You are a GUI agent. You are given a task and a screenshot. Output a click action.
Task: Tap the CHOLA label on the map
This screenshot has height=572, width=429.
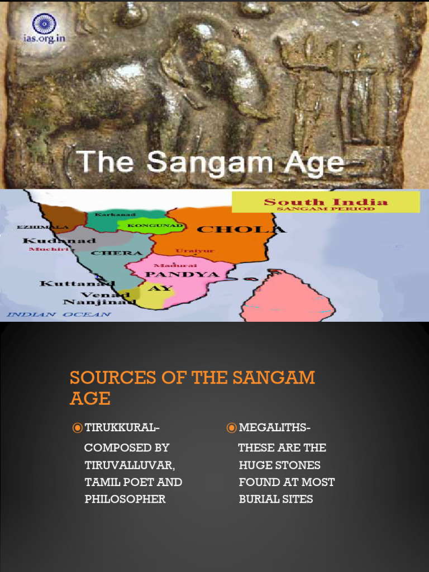click(241, 229)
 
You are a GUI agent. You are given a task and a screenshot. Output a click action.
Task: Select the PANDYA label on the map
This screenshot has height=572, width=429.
click(174, 274)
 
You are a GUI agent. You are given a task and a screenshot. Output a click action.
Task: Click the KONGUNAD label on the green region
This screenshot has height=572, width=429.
click(148, 226)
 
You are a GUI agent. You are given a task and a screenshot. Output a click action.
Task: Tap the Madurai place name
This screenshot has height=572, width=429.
click(167, 265)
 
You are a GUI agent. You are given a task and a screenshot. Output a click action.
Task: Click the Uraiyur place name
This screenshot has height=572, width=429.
click(195, 251)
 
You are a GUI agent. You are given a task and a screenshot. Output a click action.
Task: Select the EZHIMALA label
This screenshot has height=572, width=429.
click(35, 227)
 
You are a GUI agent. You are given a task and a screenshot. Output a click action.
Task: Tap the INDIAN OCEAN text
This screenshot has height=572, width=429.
click(59, 314)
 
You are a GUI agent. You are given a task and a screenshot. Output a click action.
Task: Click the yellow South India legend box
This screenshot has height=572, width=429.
click(326, 202)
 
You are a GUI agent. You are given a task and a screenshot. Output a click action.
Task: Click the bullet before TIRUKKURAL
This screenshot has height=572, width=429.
click(78, 428)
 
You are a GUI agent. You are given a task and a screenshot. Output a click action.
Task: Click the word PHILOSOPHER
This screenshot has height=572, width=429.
click(125, 499)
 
